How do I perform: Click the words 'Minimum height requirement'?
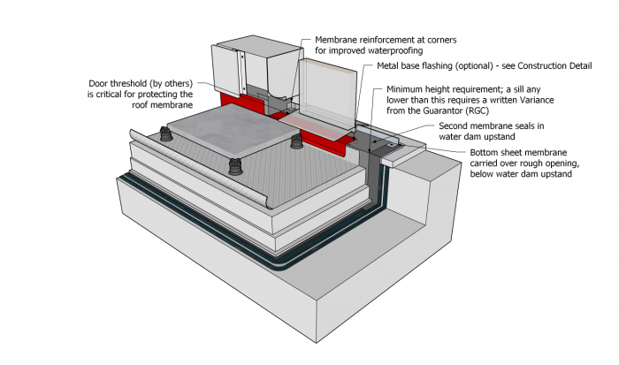pos(439,89)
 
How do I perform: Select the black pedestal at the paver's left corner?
pos(164,134)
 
